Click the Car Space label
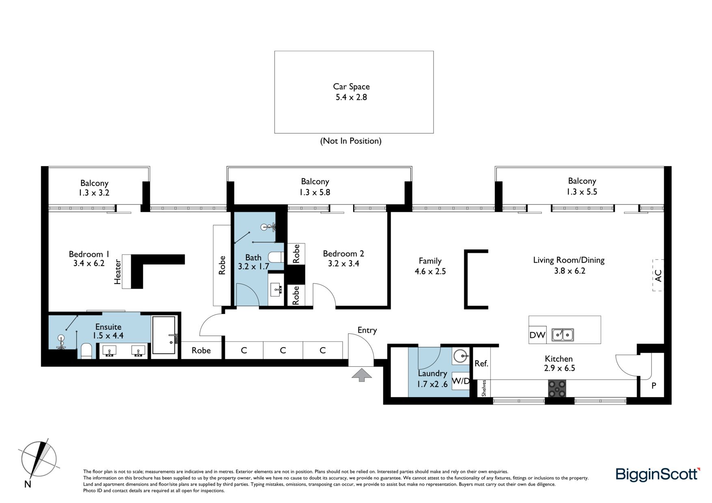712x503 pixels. (x=351, y=86)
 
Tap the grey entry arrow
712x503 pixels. (x=362, y=375)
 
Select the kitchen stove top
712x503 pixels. (x=557, y=388)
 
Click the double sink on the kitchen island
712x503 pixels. (x=563, y=335)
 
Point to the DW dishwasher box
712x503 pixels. (x=537, y=335)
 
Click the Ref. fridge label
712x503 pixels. (x=481, y=363)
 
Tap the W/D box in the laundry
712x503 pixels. (x=461, y=381)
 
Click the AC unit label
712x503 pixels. (x=658, y=275)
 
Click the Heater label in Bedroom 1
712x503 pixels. (x=118, y=271)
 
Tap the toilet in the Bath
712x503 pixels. (x=276, y=258)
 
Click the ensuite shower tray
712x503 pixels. (x=164, y=335)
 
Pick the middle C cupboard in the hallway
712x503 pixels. (x=283, y=350)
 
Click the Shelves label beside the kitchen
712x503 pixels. (x=484, y=388)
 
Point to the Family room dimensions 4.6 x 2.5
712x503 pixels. (x=430, y=271)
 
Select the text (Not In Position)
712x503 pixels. (x=351, y=141)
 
